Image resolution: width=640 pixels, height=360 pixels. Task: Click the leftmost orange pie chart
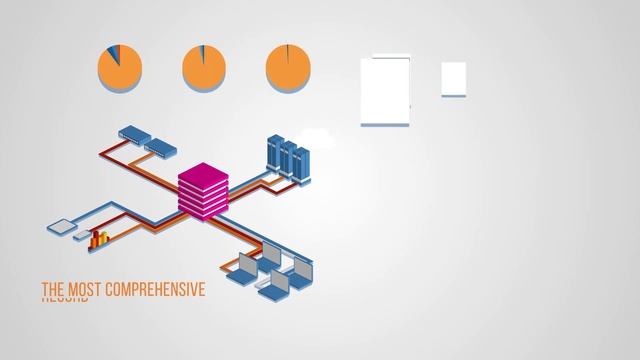[x=119, y=68]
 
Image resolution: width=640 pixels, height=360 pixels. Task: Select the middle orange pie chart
[x=204, y=68]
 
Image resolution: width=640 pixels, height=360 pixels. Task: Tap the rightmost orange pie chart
[x=288, y=68]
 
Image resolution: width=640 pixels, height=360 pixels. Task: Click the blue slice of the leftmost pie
[x=113, y=51]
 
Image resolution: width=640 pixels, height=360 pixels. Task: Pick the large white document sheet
[x=385, y=91]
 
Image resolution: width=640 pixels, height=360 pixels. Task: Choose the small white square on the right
[x=453, y=78]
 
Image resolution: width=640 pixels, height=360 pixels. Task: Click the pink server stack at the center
[x=204, y=190]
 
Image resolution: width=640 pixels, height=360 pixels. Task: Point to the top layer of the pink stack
[x=204, y=173]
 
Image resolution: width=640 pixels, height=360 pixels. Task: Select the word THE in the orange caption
[x=52, y=290]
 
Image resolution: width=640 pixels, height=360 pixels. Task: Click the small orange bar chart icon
[x=99, y=239]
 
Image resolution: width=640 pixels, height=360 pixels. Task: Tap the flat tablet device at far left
[x=63, y=226]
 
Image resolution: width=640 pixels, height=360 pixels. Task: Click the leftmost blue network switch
[x=132, y=133]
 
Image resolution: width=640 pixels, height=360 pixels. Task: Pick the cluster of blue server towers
[x=288, y=157]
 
